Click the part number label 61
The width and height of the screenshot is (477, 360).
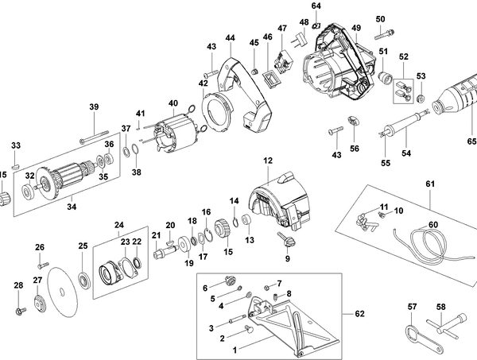pyautogui.click(x=430, y=184)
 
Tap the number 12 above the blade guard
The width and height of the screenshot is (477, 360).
pyautogui.click(x=268, y=161)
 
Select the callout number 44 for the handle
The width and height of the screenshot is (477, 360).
pyautogui.click(x=231, y=38)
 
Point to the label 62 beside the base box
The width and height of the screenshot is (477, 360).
pyautogui.click(x=359, y=313)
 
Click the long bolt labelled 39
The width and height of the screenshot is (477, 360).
pyautogui.click(x=95, y=137)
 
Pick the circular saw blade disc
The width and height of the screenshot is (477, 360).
pyautogui.click(x=64, y=292)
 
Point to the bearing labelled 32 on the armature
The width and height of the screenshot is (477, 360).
pyautogui.click(x=28, y=192)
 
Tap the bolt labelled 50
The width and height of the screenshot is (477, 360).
pyautogui.click(x=384, y=34)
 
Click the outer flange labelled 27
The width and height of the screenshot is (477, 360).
pyautogui.click(x=40, y=304)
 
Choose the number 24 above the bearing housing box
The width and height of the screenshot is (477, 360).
pyautogui.click(x=119, y=225)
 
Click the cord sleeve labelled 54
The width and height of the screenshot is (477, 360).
pyautogui.click(x=404, y=124)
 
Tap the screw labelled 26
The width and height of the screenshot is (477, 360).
pyautogui.click(x=43, y=265)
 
